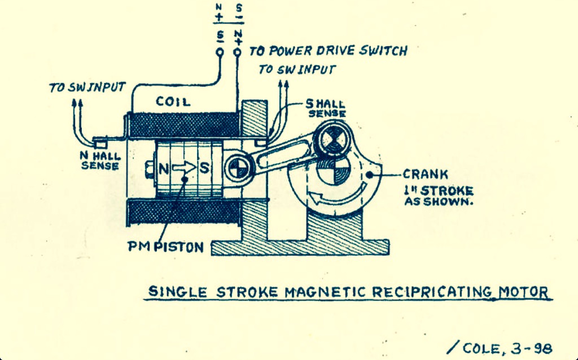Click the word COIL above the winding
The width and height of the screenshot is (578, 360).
click(x=173, y=102)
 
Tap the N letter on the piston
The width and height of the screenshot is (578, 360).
click(x=164, y=168)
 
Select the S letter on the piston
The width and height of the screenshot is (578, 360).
click(x=204, y=168)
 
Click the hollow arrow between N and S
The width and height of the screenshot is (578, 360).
click(x=184, y=168)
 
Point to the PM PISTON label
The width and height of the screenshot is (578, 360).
click(x=165, y=247)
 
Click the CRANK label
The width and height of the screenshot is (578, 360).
click(x=425, y=174)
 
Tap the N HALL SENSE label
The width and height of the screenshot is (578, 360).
click(x=100, y=161)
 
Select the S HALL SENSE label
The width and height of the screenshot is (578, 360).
click(x=326, y=108)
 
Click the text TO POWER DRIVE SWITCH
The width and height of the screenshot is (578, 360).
click(x=328, y=51)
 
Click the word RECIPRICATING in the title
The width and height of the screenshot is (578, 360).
click(x=432, y=292)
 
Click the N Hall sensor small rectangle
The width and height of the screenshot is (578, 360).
click(x=100, y=142)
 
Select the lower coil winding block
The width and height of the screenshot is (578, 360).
click(x=183, y=212)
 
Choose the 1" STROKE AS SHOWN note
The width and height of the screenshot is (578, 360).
click(x=439, y=196)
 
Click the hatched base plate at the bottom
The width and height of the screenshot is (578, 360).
click(x=300, y=247)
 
